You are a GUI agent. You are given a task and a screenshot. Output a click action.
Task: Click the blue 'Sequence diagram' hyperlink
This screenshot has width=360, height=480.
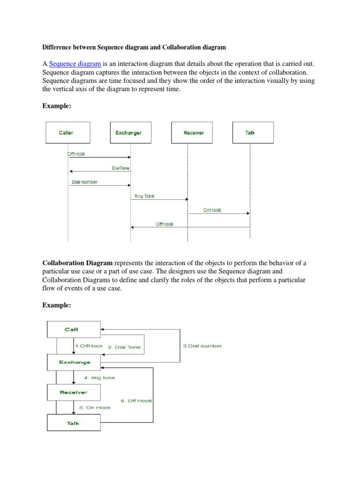point(75,64)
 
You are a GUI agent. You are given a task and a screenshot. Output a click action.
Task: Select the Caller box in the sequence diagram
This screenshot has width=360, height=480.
point(66,133)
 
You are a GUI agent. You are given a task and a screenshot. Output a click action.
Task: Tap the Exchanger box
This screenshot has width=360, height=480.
point(128,133)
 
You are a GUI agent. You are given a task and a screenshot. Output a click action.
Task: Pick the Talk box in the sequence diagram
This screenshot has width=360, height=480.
point(250,133)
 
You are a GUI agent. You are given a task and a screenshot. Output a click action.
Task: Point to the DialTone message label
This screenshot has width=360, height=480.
point(120,168)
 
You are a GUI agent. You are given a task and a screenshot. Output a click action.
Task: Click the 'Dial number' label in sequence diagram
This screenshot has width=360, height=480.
point(84,182)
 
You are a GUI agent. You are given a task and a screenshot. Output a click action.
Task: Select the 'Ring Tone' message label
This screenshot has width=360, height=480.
point(144,196)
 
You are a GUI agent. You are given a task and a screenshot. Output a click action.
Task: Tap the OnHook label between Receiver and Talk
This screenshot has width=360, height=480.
point(212,210)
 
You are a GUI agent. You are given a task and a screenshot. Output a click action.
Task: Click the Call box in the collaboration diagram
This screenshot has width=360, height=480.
point(73,329)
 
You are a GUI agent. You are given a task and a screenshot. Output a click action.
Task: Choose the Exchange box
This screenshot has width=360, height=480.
point(74,362)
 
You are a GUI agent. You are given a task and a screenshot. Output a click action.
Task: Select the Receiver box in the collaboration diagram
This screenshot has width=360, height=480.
point(73,392)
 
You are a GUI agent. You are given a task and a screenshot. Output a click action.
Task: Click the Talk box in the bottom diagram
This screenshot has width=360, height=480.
point(73,423)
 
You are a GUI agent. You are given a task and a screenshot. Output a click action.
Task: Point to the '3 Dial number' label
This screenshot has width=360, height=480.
point(202,346)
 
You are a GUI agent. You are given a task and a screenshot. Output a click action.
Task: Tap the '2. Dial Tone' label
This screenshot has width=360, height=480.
point(124,347)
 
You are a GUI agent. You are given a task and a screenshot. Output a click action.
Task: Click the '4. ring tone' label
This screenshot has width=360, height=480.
point(99,377)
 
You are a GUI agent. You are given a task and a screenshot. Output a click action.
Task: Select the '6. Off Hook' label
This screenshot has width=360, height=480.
point(136,401)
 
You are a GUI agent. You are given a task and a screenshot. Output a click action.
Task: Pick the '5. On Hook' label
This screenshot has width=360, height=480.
point(95,407)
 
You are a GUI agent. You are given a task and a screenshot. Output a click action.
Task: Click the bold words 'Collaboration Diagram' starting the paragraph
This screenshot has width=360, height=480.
point(77,263)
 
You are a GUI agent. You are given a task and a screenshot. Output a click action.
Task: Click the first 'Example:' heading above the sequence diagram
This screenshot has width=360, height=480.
point(57,106)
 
